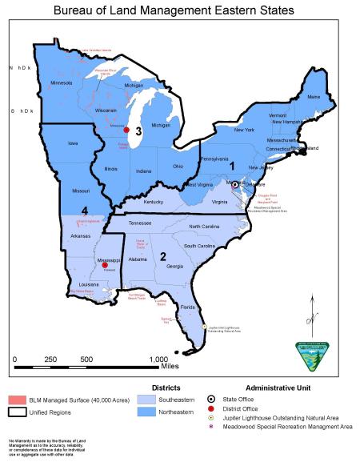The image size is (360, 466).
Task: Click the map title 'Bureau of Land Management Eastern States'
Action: (180, 10)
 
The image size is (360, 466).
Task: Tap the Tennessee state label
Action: (140, 223)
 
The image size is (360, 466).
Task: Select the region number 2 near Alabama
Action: (162, 256)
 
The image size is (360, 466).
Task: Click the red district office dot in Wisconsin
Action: (126, 130)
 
